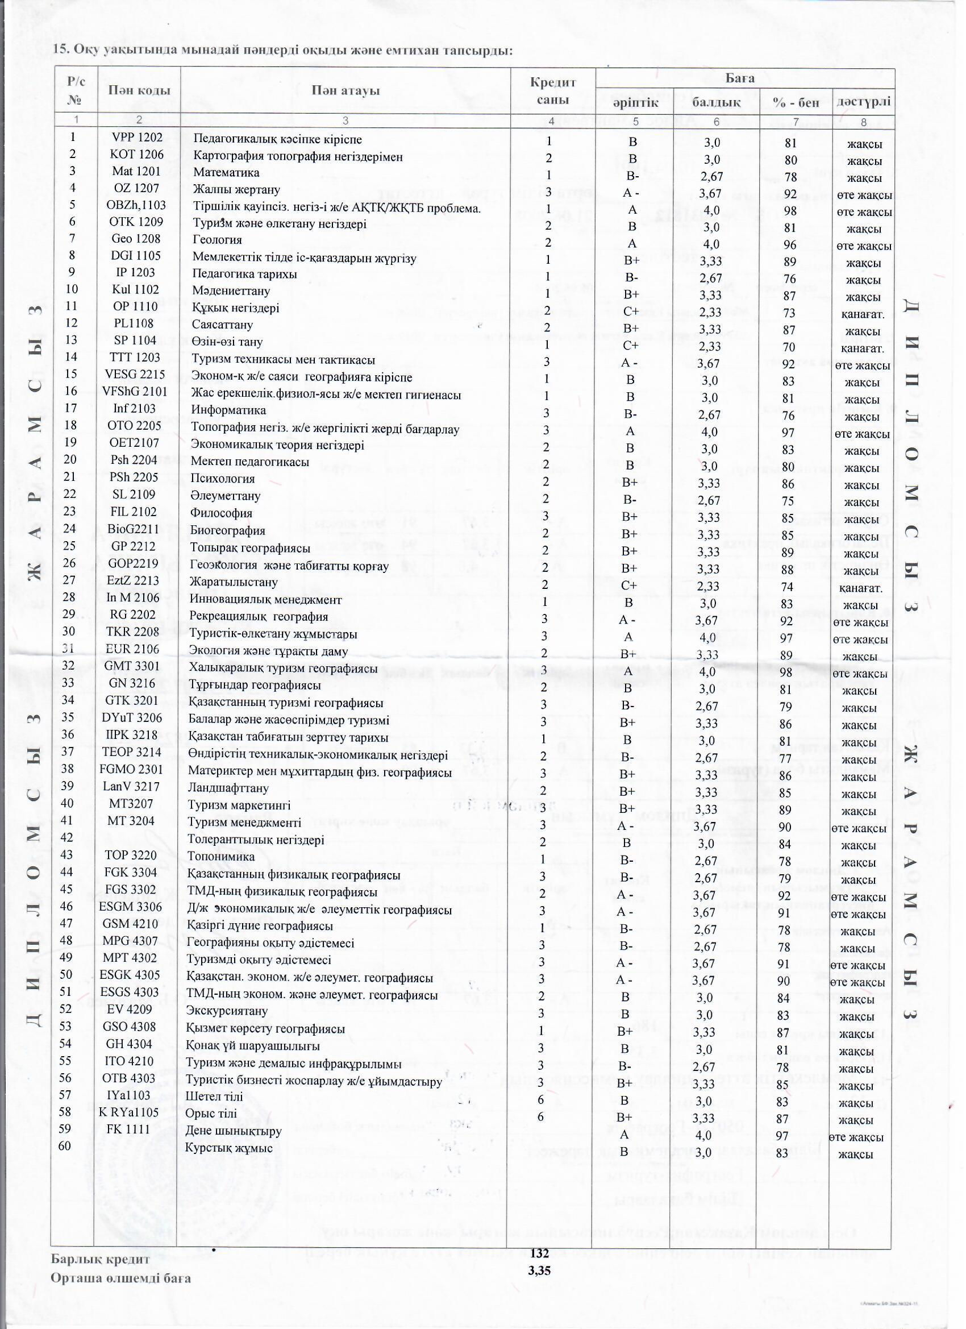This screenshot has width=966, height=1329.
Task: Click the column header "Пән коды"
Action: (139, 90)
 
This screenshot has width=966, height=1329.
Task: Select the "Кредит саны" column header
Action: (552, 91)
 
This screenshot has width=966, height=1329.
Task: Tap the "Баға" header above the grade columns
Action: (740, 78)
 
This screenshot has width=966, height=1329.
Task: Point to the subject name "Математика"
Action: (226, 173)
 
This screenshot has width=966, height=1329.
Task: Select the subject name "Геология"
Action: (217, 240)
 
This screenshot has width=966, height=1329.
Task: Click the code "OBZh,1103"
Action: (136, 205)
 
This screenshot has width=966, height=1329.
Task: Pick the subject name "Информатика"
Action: (228, 410)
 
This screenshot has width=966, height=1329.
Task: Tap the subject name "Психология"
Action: (223, 479)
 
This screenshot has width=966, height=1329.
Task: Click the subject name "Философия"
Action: (222, 513)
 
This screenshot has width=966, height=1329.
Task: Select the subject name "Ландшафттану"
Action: (228, 788)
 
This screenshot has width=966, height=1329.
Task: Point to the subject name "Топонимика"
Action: (221, 857)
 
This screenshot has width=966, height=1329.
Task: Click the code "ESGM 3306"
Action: (131, 907)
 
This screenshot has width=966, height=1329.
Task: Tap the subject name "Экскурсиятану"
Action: (227, 1011)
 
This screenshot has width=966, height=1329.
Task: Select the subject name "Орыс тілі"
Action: (211, 1114)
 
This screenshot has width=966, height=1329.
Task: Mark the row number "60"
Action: (72, 1146)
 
